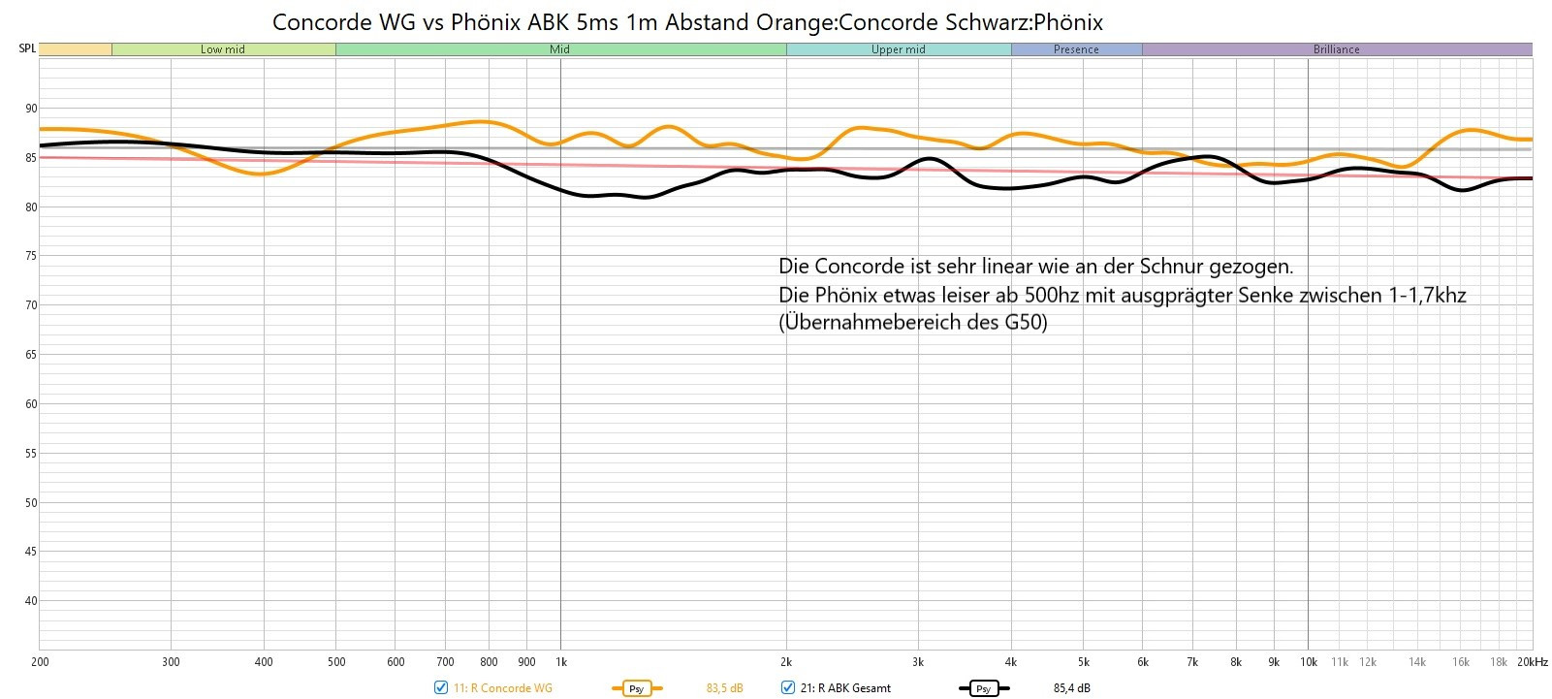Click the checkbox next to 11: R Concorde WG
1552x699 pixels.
point(441,688)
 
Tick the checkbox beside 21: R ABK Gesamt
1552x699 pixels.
point(788,688)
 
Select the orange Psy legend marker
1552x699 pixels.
point(636,688)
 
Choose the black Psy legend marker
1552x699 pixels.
point(983,688)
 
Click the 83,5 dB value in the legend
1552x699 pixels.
point(724,688)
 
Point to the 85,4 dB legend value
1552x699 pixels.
point(1071,688)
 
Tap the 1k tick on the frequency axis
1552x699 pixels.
point(560,662)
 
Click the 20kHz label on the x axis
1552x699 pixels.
point(1533,662)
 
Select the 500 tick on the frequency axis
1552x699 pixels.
point(335,662)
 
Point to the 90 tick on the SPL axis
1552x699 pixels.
point(31,109)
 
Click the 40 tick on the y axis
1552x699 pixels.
point(31,601)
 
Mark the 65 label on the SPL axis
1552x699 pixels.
point(31,355)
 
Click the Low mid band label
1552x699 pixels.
point(222,49)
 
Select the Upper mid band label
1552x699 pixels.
point(898,49)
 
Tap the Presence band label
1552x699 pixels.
point(1076,49)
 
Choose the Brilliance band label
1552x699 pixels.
point(1336,49)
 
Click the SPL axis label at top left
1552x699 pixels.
point(27,48)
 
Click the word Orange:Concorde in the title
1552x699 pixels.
point(912,21)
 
